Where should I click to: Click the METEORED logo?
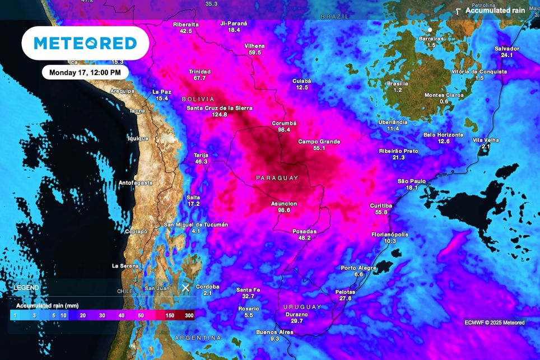click(x=85, y=43)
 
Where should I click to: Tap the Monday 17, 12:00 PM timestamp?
click(x=85, y=72)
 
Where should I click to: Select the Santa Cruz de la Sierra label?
click(x=220, y=107)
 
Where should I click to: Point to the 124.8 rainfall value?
click(x=220, y=115)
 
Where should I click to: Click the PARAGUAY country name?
click(x=277, y=178)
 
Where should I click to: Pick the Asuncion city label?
click(x=284, y=203)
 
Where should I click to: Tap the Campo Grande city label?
click(x=319, y=142)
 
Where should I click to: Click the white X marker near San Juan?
click(x=185, y=288)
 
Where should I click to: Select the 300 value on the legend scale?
click(x=189, y=316)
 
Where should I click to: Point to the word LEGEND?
click(x=26, y=288)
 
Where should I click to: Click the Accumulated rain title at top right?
click(x=495, y=11)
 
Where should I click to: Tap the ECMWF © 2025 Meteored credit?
click(x=495, y=322)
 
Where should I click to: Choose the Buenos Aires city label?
click(x=274, y=332)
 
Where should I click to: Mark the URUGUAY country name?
click(x=302, y=307)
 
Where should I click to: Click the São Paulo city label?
click(x=412, y=181)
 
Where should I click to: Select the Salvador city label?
click(x=507, y=49)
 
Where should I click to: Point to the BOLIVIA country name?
click(x=198, y=99)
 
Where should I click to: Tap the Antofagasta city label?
click(x=136, y=183)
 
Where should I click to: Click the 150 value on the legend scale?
click(x=170, y=316)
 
